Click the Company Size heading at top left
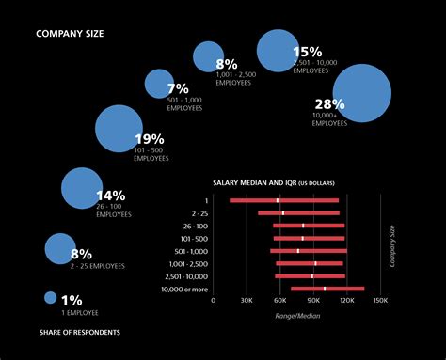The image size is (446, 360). pyautogui.click(x=70, y=33)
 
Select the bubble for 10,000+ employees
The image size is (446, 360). pyautogui.click(x=361, y=94)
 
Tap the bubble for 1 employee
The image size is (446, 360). pyautogui.click(x=51, y=298)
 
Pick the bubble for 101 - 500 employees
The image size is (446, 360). pyautogui.click(x=119, y=129)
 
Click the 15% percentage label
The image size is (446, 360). pyautogui.click(x=308, y=53)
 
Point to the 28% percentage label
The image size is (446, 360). pyautogui.click(x=329, y=104)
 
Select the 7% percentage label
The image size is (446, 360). pyautogui.click(x=178, y=88)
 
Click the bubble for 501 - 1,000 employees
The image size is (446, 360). pyautogui.click(x=159, y=84)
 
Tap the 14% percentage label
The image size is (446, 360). pyautogui.click(x=110, y=196)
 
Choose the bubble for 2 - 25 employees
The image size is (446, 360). pyautogui.click(x=60, y=249)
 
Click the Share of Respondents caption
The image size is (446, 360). pyautogui.click(x=79, y=332)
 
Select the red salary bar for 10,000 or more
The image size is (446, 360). pyautogui.click(x=327, y=289)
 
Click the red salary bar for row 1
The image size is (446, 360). pyautogui.click(x=284, y=200)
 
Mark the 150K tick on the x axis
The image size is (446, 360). pyautogui.click(x=380, y=301)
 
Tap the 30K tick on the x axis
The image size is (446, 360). pyautogui.click(x=247, y=301)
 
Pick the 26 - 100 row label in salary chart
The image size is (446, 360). pyautogui.click(x=195, y=226)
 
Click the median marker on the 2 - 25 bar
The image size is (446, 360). pyautogui.click(x=282, y=212)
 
